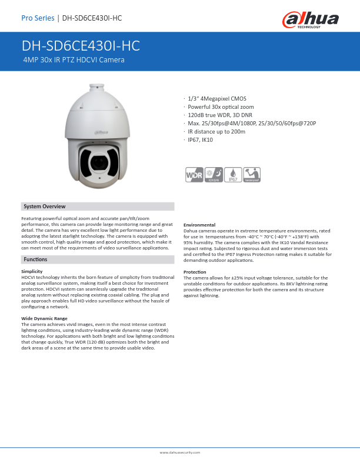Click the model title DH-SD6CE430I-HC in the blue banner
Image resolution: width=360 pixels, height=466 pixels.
coord(81,47)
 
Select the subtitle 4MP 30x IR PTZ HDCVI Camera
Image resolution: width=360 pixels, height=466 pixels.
coord(74,60)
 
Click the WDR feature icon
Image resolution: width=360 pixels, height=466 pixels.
coord(194,175)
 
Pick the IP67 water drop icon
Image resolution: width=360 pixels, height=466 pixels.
coord(234,175)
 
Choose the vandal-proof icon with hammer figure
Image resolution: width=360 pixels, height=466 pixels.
coord(252,175)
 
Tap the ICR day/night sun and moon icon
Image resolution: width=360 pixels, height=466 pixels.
coord(214,175)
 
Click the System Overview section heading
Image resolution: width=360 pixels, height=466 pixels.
coord(44,207)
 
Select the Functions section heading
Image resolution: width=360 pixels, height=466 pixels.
coord(35,259)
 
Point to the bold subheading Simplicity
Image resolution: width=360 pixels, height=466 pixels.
coord(32,272)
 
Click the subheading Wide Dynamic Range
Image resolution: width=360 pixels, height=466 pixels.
coord(44,318)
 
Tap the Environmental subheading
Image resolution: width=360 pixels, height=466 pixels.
coord(199,225)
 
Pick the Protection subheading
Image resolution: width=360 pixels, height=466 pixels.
coord(195,272)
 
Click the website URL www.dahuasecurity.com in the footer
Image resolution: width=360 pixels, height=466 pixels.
coord(180,452)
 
